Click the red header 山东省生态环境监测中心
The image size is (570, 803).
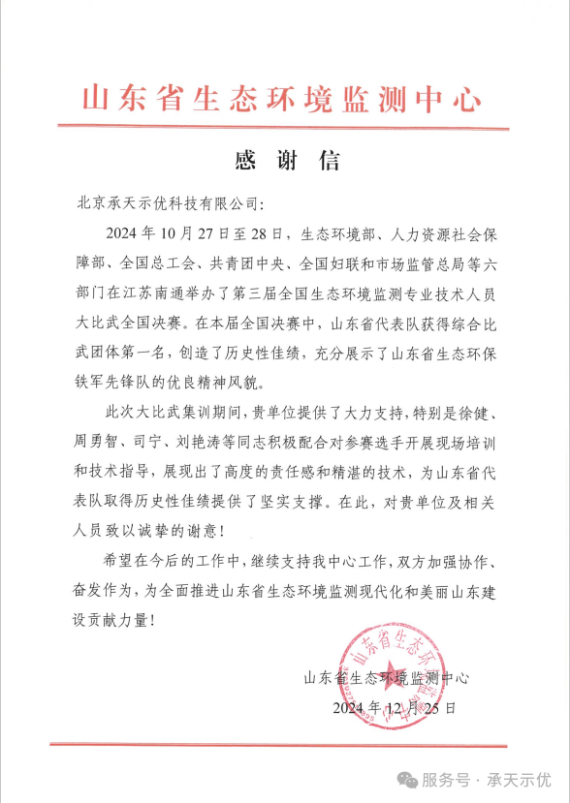282,100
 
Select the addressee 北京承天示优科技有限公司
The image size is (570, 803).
166,205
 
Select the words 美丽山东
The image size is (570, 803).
419,586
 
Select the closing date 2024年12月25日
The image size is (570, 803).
393,708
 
